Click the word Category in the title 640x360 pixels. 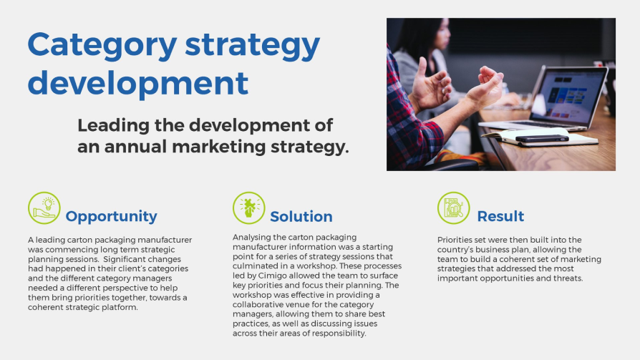pyautogui.click(x=102, y=46)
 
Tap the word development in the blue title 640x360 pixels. pyautogui.click(x=138, y=84)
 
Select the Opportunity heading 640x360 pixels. pyautogui.click(x=111, y=217)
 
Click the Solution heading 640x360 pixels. pyautogui.click(x=301, y=216)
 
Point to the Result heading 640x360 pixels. pyautogui.click(x=500, y=216)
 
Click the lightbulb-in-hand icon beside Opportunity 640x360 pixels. pyautogui.click(x=44, y=208)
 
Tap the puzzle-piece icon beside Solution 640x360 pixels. pyautogui.click(x=249, y=208)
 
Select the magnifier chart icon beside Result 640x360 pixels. pyautogui.click(x=453, y=208)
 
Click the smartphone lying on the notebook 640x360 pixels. pyautogui.click(x=542, y=138)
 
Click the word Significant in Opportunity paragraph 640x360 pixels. pyautogui.click(x=122, y=259)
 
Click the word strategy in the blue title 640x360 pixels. pyautogui.click(x=252, y=46)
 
